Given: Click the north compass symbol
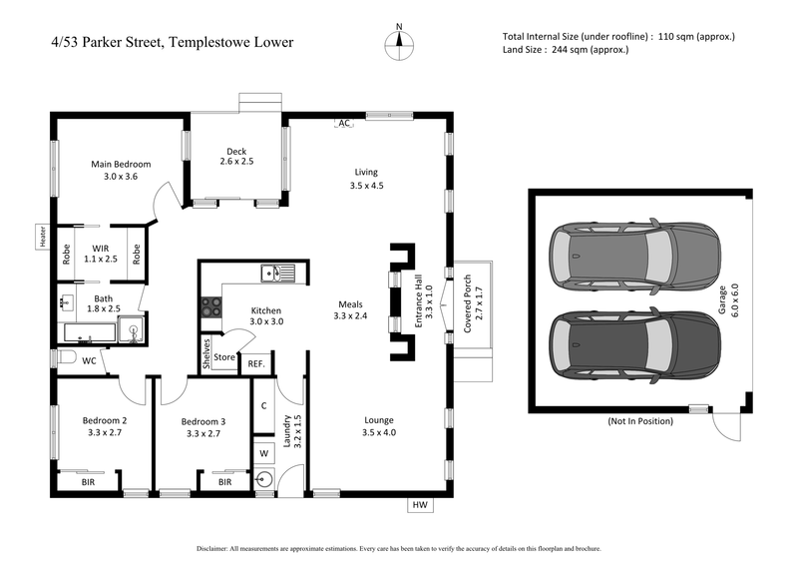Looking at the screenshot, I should (x=399, y=41).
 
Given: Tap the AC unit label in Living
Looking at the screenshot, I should (x=345, y=123).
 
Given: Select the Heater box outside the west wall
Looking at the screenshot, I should (x=43, y=236).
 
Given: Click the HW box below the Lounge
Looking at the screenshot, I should (x=420, y=505).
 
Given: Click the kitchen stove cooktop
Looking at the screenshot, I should (x=210, y=307).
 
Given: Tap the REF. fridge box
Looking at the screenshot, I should (x=256, y=364).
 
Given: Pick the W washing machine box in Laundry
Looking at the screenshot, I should (x=263, y=452).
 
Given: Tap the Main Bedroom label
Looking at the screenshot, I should (x=121, y=164).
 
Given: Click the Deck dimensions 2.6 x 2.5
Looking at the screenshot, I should (x=236, y=161).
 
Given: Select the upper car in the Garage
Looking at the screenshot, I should (x=633, y=256).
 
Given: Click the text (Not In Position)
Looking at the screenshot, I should (x=640, y=421).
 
